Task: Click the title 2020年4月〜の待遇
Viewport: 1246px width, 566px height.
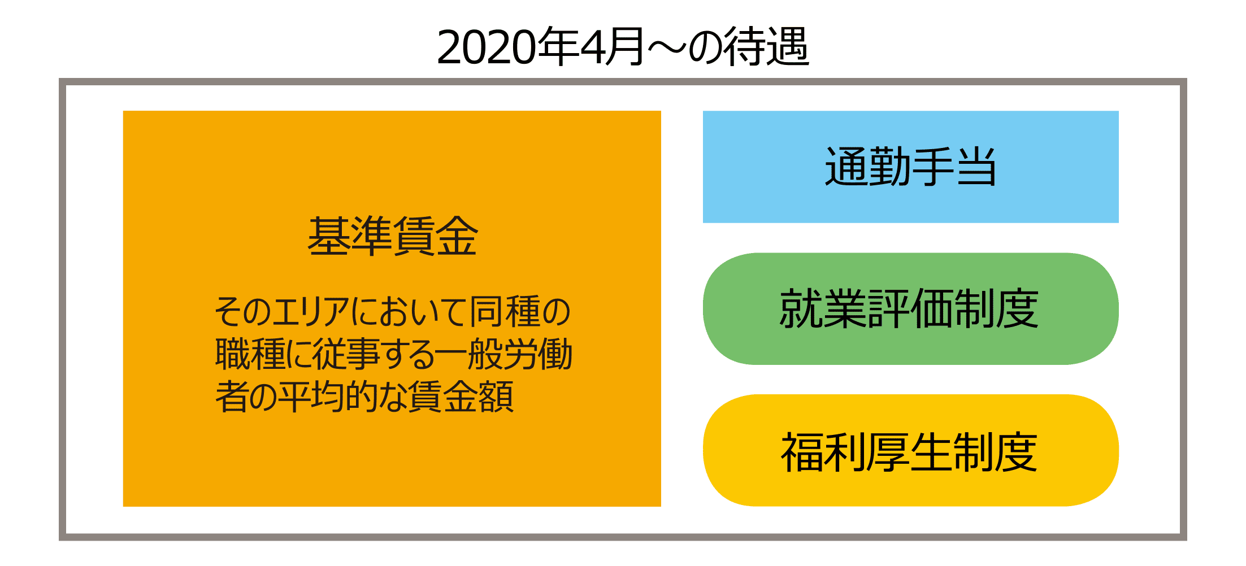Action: tap(623, 47)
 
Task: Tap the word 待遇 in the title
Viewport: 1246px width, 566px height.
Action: tap(767, 47)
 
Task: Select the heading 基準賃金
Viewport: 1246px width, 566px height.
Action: tap(393, 236)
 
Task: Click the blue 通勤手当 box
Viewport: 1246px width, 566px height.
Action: tap(910, 167)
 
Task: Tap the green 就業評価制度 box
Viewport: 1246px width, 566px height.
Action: tap(910, 308)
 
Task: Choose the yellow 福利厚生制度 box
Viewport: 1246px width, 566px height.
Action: tap(910, 450)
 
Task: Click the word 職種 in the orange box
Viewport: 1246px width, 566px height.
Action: tap(251, 354)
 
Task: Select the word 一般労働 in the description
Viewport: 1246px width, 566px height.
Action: tap(504, 354)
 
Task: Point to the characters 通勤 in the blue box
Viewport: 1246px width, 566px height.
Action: tap(868, 167)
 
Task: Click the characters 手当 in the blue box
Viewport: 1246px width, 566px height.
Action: tap(954, 167)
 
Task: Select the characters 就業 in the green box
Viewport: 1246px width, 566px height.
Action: tap(823, 308)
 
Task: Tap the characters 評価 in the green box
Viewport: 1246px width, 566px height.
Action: tap(909, 308)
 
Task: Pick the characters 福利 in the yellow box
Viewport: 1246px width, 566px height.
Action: tap(823, 451)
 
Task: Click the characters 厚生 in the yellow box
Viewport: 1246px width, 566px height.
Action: tap(909, 451)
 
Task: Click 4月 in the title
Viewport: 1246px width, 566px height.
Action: tap(613, 47)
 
